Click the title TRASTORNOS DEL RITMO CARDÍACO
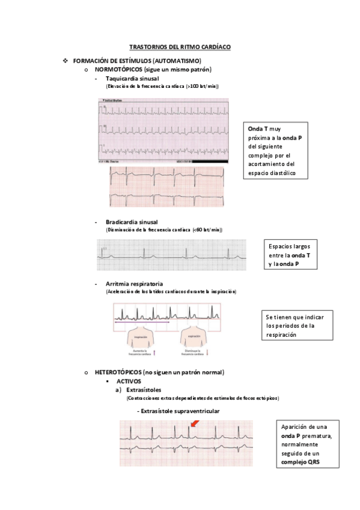click(x=180, y=46)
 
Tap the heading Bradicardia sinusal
click(x=132, y=222)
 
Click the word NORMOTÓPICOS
click(x=118, y=70)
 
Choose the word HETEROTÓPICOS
click(x=118, y=372)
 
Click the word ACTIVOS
click(x=129, y=381)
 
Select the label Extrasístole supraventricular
click(x=179, y=411)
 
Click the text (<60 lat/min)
click(x=207, y=230)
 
